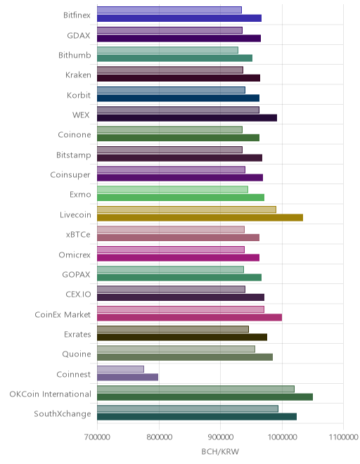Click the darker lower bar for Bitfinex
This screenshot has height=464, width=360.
[179, 18]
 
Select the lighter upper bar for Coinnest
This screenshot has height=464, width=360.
[120, 369]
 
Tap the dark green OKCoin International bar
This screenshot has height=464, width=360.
[205, 397]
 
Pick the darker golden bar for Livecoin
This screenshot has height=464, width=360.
[200, 217]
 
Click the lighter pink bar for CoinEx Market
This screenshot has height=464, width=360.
[181, 309]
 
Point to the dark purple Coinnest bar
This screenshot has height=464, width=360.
[127, 377]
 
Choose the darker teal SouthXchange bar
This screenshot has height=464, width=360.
[197, 417]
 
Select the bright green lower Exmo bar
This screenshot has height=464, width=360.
[181, 198]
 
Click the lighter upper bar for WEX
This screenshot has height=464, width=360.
[178, 110]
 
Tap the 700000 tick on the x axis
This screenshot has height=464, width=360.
[97, 437]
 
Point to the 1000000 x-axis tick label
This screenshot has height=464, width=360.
[282, 437]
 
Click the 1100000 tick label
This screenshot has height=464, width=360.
[343, 437]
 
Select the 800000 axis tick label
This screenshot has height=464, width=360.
[159, 437]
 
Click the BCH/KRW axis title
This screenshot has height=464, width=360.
[220, 451]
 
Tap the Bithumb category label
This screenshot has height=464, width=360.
[75, 56]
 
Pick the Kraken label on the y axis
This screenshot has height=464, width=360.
[78, 75]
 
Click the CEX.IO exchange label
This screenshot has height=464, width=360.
[78, 295]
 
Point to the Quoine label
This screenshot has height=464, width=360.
[77, 354]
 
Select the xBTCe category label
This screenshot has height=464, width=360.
[78, 235]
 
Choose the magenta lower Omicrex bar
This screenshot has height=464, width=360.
[178, 257]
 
